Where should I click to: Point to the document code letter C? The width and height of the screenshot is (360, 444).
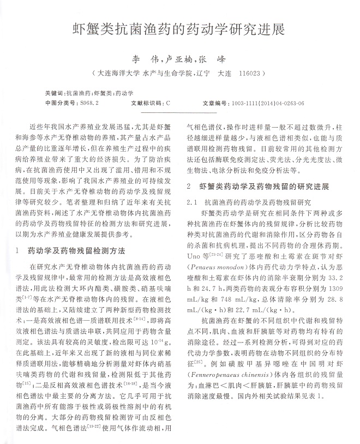(x=168, y=102)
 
